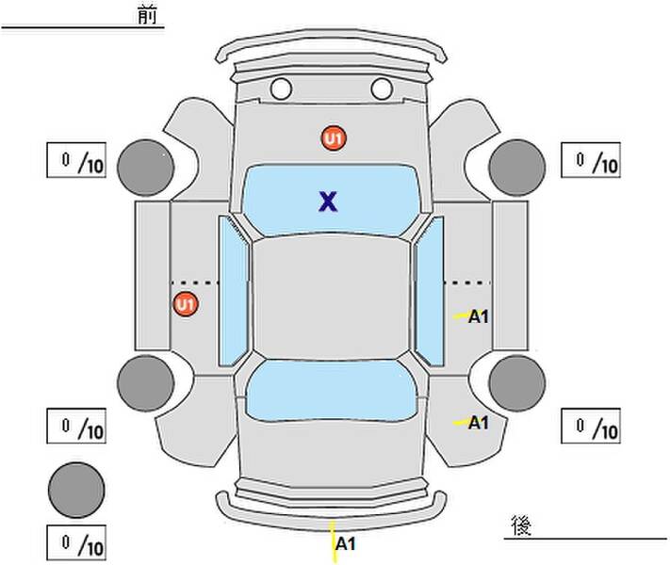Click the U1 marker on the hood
pyautogui.click(x=334, y=137)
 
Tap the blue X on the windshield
pyautogui.click(x=328, y=202)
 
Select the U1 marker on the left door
pyautogui.click(x=186, y=304)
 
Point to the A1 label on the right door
pyautogui.click(x=478, y=316)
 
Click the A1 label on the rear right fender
pyautogui.click(x=478, y=423)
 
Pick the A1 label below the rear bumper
pyautogui.click(x=345, y=544)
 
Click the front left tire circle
pyautogui.click(x=146, y=168)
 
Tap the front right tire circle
pyautogui.click(x=517, y=168)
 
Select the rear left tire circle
pyautogui.click(x=146, y=383)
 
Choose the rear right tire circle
pyautogui.click(x=517, y=383)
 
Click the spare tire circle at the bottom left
pyautogui.click(x=76, y=490)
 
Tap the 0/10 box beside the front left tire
pyautogui.click(x=76, y=160)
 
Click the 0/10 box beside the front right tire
pyautogui.click(x=591, y=160)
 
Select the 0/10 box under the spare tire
pyautogui.click(x=76, y=542)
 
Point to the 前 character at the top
pyautogui.click(x=147, y=15)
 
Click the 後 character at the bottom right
pyautogui.click(x=521, y=525)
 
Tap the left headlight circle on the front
pyautogui.click(x=281, y=89)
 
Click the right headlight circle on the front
pyautogui.click(x=382, y=89)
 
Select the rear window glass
pyautogui.click(x=331, y=390)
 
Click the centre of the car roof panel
pyautogui.click(x=331, y=297)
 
